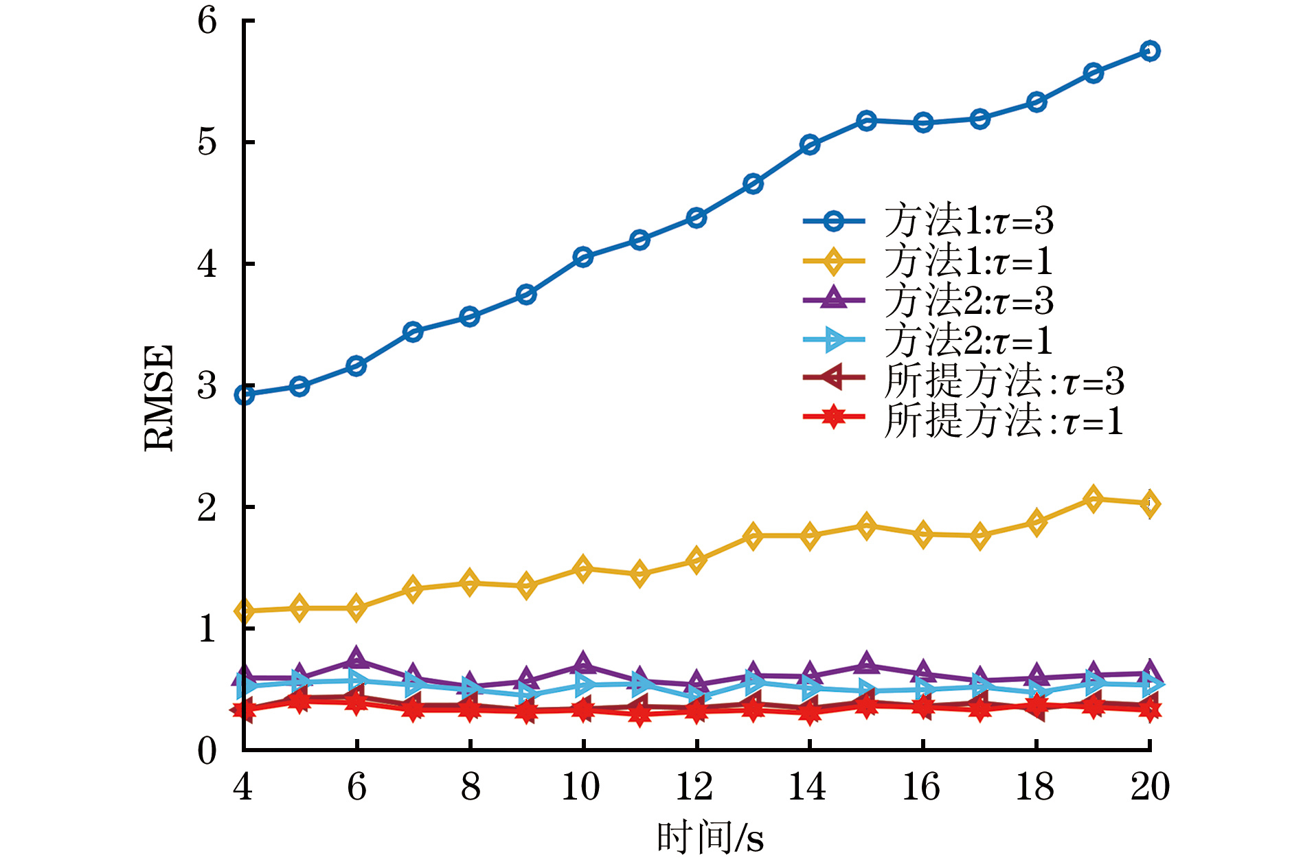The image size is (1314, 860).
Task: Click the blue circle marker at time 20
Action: [1150, 51]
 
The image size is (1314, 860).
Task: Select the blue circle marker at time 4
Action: [245, 395]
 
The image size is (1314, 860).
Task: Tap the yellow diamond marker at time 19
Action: [1093, 499]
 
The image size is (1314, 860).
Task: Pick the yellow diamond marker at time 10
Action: [583, 569]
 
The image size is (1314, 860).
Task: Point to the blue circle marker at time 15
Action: [866, 121]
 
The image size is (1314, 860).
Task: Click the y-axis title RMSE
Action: [159, 398]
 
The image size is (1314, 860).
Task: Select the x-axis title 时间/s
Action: [710, 837]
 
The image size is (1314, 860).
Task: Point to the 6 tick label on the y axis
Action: [207, 21]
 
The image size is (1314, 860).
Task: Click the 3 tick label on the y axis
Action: [207, 386]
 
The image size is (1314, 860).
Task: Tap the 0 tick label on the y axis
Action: [207, 751]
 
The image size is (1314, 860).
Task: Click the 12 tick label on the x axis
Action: [695, 787]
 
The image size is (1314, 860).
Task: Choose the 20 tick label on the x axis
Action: [1150, 787]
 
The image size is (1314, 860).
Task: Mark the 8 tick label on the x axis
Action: [470, 787]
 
